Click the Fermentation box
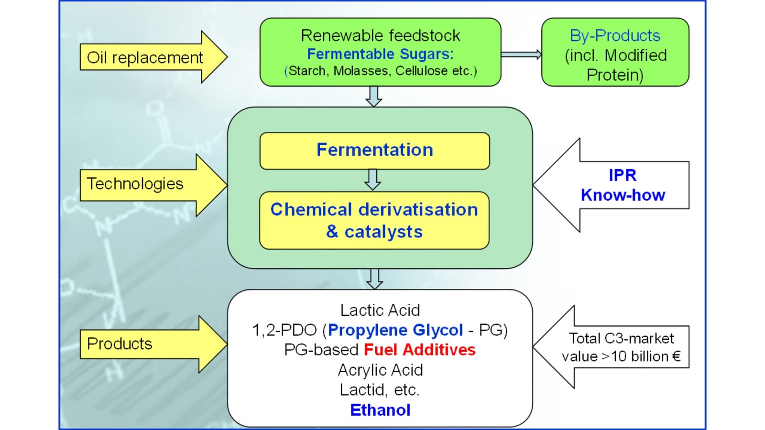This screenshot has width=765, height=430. click(374, 150)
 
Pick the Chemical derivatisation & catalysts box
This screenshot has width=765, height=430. click(374, 220)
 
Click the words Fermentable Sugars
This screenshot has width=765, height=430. click(380, 54)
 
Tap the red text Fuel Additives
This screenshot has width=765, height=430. click(419, 350)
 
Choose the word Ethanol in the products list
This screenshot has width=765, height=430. click(380, 410)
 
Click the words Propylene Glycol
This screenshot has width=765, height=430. click(395, 330)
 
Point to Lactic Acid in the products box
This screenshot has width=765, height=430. click(380, 310)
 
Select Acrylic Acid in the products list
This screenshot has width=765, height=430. click(380, 370)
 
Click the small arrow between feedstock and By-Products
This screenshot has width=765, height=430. click(521, 54)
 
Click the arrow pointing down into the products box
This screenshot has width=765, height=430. click(374, 279)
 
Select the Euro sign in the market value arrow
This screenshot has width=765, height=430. click(676, 356)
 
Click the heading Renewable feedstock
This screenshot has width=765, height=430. click(380, 36)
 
